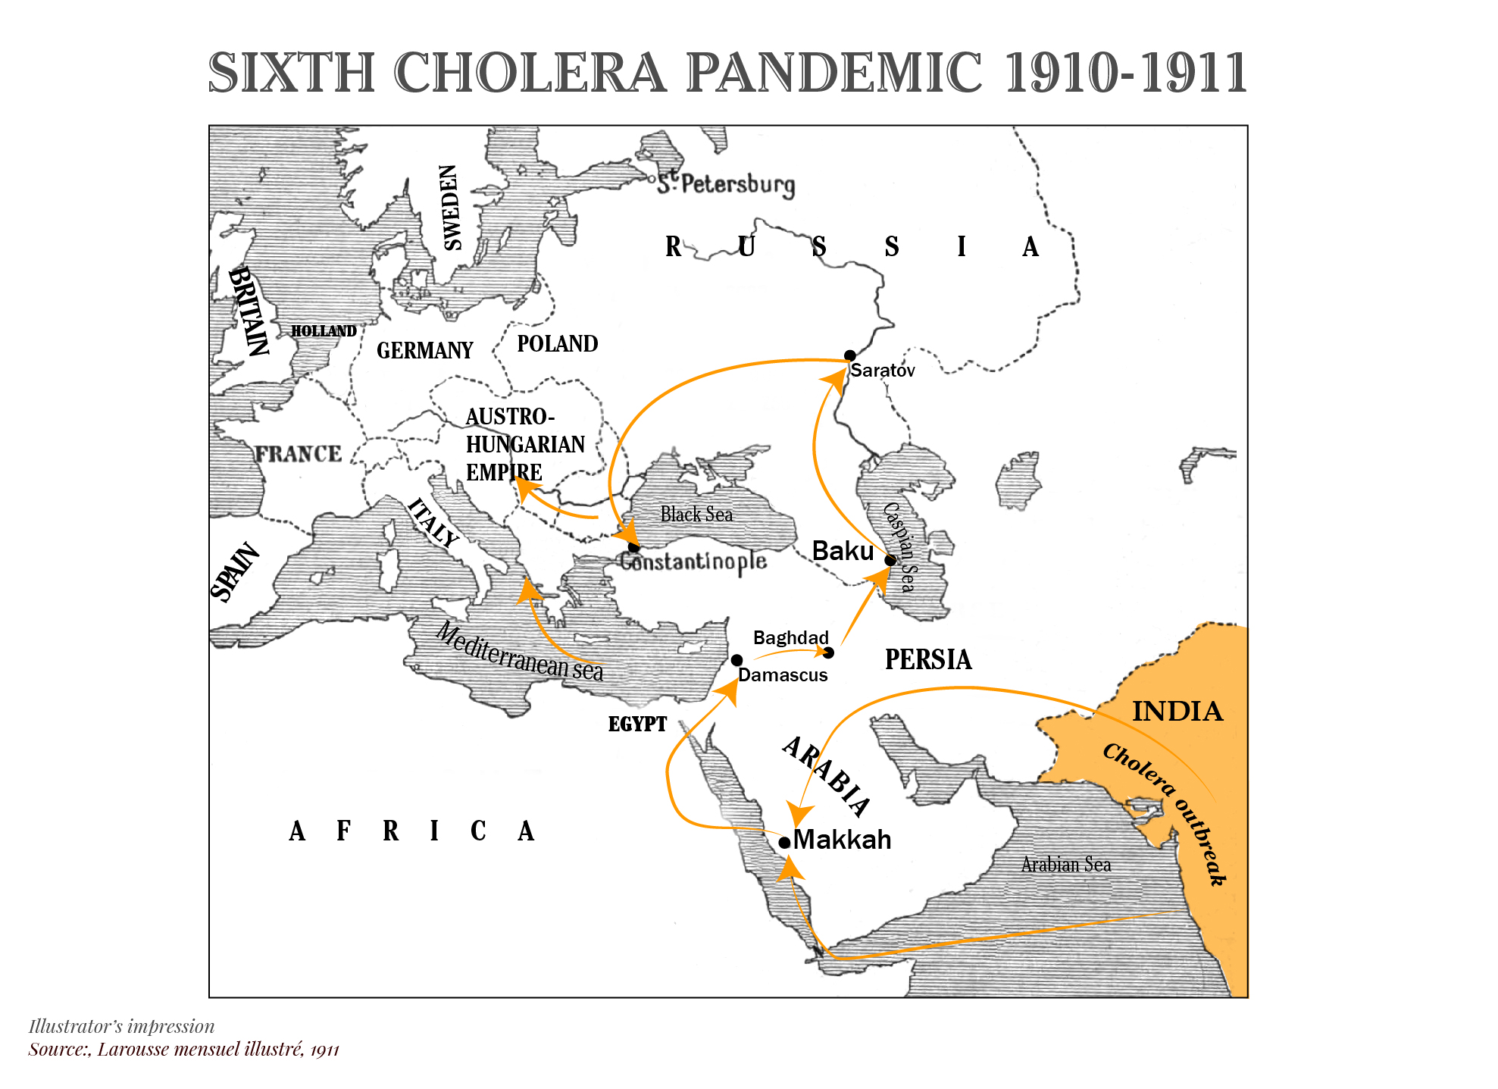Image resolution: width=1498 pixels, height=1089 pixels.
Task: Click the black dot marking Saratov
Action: tap(849, 355)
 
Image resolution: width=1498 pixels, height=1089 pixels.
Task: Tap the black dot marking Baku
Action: tap(890, 560)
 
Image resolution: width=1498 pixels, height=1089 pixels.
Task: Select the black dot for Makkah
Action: tap(784, 842)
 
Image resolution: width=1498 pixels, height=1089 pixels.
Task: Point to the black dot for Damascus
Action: tap(736, 660)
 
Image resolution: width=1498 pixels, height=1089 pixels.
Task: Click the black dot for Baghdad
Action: tap(828, 652)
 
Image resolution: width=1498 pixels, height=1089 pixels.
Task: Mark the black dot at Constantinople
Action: tap(633, 547)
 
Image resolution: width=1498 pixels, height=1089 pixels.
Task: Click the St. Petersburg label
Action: tap(726, 184)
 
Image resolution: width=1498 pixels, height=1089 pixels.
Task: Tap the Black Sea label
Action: tap(696, 515)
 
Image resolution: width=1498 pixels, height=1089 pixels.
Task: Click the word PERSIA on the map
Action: tap(928, 659)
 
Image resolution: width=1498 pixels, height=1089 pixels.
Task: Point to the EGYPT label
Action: tap(637, 724)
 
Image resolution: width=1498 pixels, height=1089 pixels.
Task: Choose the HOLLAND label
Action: tap(324, 331)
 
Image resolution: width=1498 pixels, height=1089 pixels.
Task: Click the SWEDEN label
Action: tap(451, 208)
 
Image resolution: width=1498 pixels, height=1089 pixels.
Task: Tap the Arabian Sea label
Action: tap(1065, 865)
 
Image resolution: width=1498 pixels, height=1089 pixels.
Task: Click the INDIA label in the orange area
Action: tap(1177, 712)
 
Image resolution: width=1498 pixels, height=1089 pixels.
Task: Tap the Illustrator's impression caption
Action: tap(121, 1026)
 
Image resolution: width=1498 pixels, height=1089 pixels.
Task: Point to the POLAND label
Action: tap(557, 344)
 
